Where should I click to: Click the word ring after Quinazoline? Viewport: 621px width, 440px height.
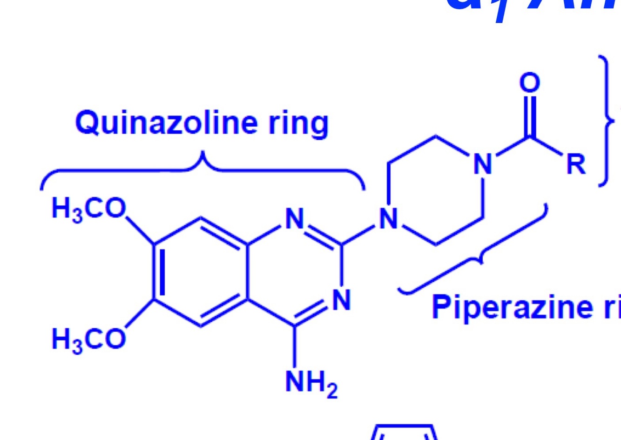coord(298,124)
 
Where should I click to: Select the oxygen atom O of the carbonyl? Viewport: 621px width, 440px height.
coord(530,83)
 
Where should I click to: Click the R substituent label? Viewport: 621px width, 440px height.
coord(576,164)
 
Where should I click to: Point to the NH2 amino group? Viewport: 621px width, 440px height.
coord(311,384)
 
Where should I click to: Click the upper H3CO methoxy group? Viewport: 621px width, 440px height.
coord(88,209)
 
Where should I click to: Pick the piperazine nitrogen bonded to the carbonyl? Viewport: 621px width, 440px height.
coord(483,164)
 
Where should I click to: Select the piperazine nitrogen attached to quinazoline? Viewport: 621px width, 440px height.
coord(389,218)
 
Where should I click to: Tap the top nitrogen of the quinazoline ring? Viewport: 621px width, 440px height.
coord(295,218)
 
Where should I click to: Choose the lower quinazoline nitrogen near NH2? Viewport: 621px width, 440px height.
coord(341,299)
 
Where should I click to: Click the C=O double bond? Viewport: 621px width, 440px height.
coord(530,116)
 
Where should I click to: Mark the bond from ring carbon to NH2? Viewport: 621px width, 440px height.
coord(295,347)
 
